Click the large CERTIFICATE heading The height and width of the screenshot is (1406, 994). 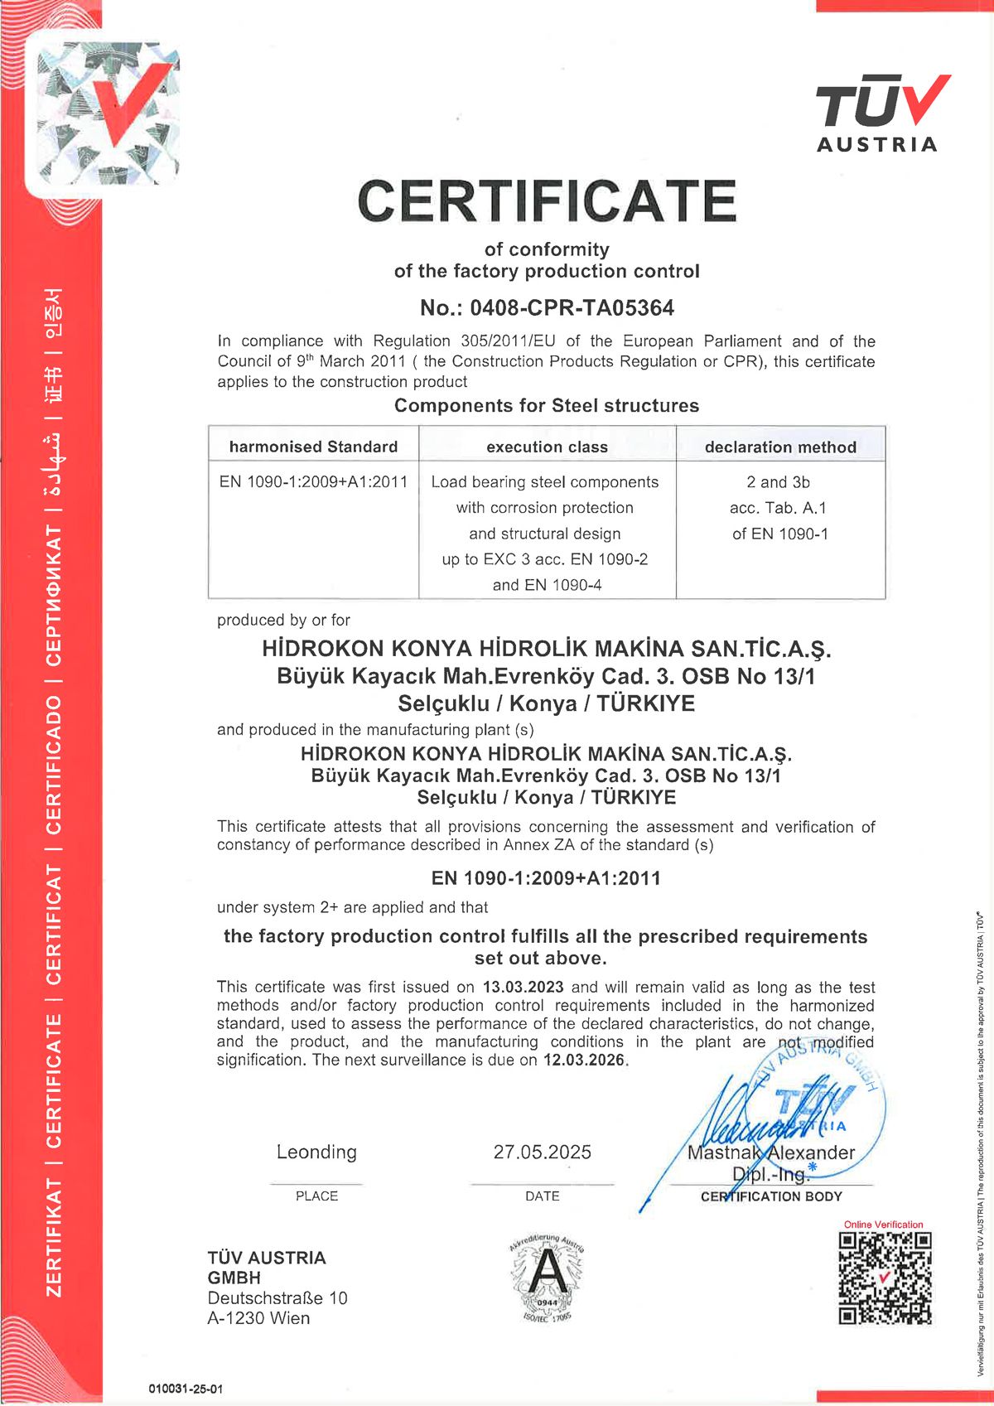pos(547,201)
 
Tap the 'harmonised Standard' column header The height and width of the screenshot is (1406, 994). pos(313,447)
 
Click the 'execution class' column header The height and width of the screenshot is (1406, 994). pos(547,447)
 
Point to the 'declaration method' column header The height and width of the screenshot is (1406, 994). pos(780,447)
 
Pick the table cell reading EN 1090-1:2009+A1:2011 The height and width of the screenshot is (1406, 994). pos(313,481)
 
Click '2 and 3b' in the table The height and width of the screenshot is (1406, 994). pos(779,481)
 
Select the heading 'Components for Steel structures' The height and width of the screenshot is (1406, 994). pos(547,405)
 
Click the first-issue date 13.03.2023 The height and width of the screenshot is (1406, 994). pos(523,987)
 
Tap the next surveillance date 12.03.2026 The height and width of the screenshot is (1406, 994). pos(584,1060)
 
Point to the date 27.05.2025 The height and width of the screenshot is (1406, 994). pos(543,1152)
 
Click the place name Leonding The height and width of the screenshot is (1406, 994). pos(316,1152)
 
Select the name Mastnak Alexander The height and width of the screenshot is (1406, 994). pos(770,1152)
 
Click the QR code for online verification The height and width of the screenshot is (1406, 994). pos(885,1278)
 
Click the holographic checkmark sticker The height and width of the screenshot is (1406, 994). pos(104,112)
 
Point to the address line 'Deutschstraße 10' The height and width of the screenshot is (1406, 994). pos(277,1297)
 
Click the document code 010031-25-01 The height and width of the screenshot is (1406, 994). pos(186,1389)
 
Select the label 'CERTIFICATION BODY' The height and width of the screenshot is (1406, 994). pos(770,1196)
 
